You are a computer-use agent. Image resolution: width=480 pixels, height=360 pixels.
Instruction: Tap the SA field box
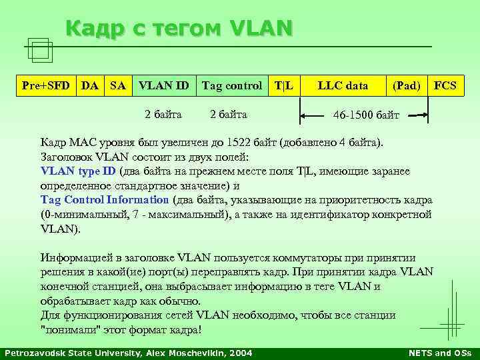point(117,85)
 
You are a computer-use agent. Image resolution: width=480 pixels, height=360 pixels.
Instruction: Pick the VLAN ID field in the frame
point(163,85)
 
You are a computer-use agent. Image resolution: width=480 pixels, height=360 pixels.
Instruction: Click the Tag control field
point(232,85)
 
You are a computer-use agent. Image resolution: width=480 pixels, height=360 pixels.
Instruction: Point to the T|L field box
point(285,85)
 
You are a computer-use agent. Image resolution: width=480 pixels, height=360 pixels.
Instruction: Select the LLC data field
point(343,85)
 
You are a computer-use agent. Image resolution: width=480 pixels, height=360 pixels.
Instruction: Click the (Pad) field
point(405,85)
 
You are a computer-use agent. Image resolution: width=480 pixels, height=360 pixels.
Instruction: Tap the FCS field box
point(445,85)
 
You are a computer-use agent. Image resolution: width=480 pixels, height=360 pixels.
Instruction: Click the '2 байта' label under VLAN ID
point(163,115)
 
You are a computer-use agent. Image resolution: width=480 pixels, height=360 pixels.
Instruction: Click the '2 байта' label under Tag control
point(229,115)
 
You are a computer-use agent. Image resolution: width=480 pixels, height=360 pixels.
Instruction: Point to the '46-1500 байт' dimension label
point(366,115)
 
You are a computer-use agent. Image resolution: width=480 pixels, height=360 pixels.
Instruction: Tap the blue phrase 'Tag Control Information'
point(105,200)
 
